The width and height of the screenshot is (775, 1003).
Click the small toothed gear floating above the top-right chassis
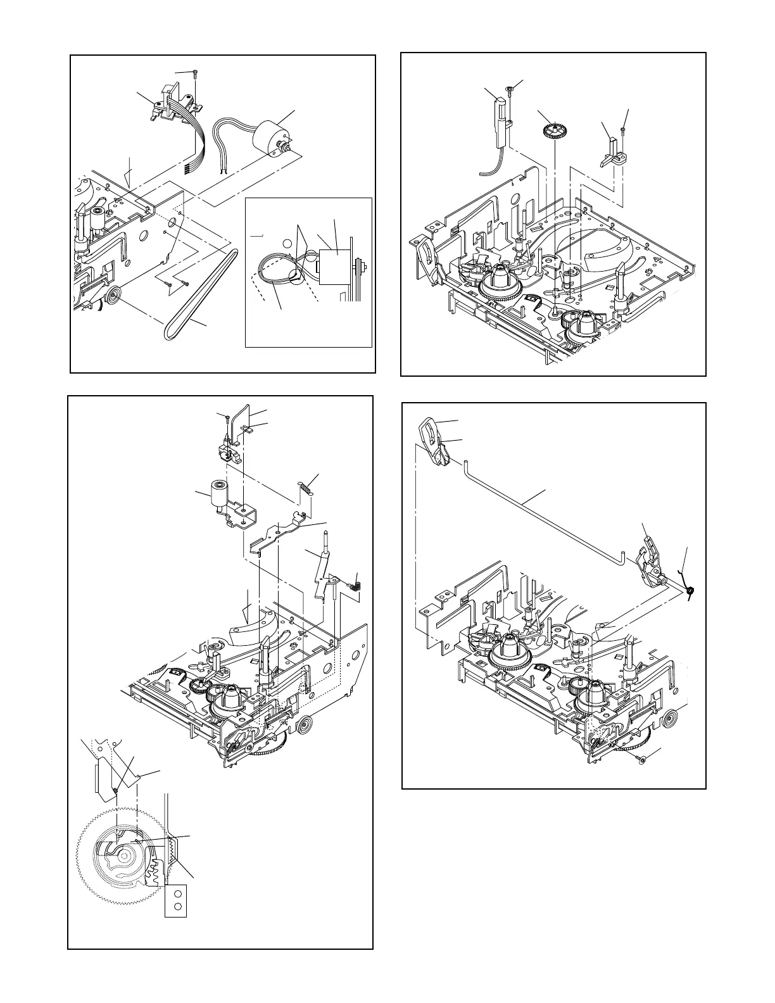pyautogui.click(x=553, y=132)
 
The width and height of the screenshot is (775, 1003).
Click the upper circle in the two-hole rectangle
pyautogui.click(x=178, y=893)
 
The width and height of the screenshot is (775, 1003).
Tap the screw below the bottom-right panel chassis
pyautogui.click(x=641, y=759)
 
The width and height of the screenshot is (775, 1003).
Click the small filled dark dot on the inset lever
pyautogui.click(x=115, y=790)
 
